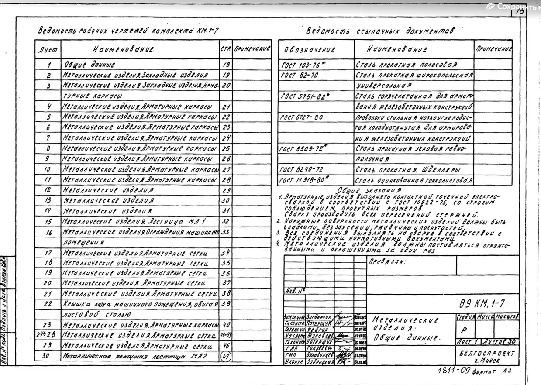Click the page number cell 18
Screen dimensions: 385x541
226,65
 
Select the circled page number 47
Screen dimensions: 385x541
226,356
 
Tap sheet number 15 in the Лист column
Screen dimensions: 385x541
48,222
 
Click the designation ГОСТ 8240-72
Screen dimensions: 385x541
301,170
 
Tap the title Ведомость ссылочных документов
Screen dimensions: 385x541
379,31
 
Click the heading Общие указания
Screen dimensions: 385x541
369,190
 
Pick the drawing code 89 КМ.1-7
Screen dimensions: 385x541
482,304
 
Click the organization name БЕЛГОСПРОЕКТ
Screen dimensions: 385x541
487,353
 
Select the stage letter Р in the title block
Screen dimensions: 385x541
464,330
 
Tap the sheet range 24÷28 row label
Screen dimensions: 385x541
48,335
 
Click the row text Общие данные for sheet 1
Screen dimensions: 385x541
89,65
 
